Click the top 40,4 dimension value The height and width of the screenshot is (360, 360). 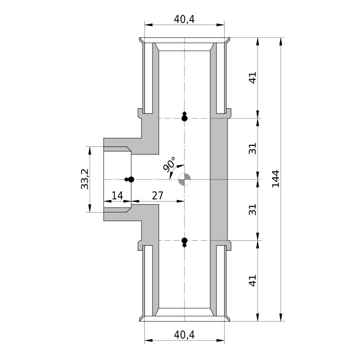184,19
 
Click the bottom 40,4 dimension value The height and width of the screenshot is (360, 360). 184,335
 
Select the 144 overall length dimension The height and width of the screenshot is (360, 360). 275,179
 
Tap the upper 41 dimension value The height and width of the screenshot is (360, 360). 253,78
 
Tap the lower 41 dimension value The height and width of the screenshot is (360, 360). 253,281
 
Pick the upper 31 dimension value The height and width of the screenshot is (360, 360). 253,148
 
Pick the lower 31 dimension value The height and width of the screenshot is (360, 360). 253,210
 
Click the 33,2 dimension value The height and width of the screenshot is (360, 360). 85,179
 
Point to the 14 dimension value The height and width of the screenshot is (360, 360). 117,196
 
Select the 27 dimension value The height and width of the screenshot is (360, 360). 157,196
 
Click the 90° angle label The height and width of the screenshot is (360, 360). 169,164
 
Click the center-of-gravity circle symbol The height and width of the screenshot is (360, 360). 185,179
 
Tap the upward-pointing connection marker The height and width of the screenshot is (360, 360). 185,116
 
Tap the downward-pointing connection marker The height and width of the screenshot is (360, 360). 185,243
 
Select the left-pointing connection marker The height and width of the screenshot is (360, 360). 129,179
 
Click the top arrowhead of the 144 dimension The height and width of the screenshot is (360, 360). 280,42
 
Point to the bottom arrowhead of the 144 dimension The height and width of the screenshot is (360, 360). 280,316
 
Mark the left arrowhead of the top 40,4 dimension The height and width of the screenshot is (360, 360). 149,25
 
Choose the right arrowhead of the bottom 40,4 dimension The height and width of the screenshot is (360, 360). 220,340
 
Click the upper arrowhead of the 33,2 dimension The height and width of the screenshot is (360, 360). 90,151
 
